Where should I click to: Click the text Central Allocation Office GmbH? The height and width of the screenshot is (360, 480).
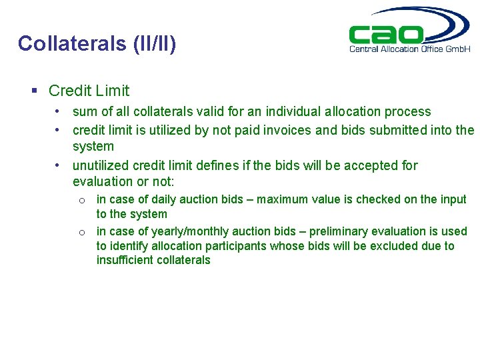point(410,49)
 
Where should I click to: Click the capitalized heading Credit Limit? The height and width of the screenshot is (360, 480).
point(89,91)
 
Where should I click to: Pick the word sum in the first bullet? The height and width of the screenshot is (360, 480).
point(84,112)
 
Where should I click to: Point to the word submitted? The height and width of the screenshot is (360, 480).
point(394,130)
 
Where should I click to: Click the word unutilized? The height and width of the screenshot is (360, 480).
point(101,165)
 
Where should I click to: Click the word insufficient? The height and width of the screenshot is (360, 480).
point(125,260)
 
